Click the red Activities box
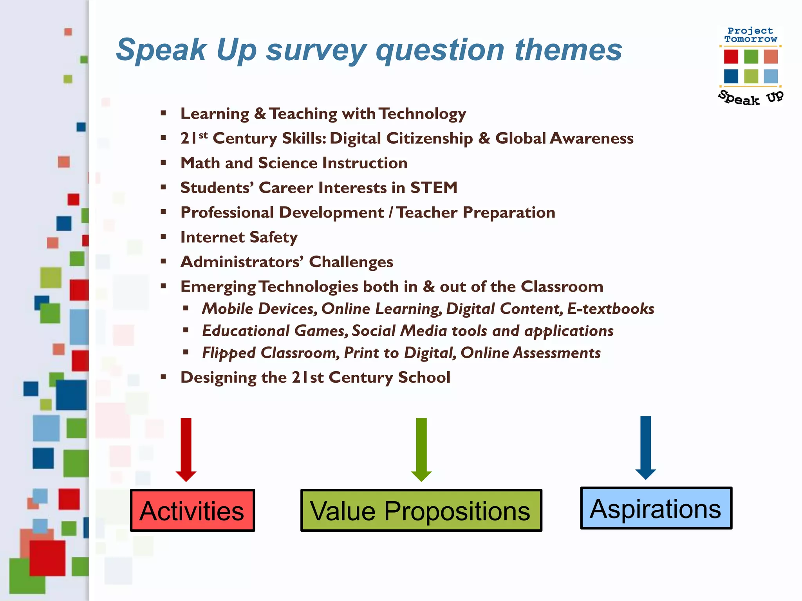(x=192, y=510)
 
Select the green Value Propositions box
(x=421, y=510)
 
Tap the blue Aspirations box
(x=656, y=508)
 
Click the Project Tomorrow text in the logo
(x=750, y=35)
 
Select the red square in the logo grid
(x=731, y=56)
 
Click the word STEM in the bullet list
(x=434, y=188)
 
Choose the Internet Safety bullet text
(x=239, y=237)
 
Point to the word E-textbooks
(x=611, y=309)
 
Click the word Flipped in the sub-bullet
(x=229, y=353)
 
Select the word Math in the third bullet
(x=200, y=163)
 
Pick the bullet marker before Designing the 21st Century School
(x=163, y=377)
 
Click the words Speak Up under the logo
(x=750, y=98)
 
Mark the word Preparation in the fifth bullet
(x=509, y=212)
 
